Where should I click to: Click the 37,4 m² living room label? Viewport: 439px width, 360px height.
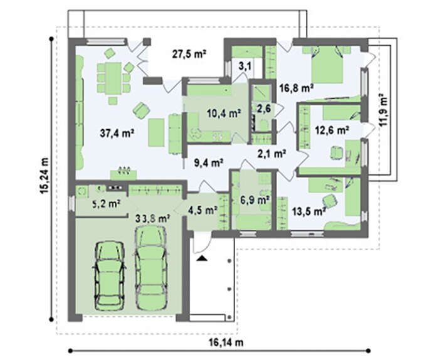pos(117,133)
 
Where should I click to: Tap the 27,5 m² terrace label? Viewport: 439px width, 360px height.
pos(189,54)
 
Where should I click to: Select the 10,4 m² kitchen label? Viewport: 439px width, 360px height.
pos(224,114)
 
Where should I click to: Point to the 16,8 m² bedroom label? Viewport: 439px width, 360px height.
pos(297,88)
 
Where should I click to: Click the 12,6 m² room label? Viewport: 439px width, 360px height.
pos(332,130)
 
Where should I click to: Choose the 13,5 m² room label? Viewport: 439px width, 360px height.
pos(309,211)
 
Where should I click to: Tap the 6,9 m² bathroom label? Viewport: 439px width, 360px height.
pos(255,200)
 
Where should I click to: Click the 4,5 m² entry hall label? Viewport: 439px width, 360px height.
pos(203,210)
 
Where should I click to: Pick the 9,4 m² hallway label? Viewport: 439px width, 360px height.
pos(209,162)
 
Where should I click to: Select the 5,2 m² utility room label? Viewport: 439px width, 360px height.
pos(106,204)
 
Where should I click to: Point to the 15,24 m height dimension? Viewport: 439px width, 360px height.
pos(44,176)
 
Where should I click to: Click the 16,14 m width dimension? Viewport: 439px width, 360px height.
pos(226,342)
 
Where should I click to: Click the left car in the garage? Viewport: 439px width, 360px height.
pos(110,275)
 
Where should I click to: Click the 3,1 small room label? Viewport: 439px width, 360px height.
pos(245,67)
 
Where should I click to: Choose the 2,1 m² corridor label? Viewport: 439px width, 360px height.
pos(272,154)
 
